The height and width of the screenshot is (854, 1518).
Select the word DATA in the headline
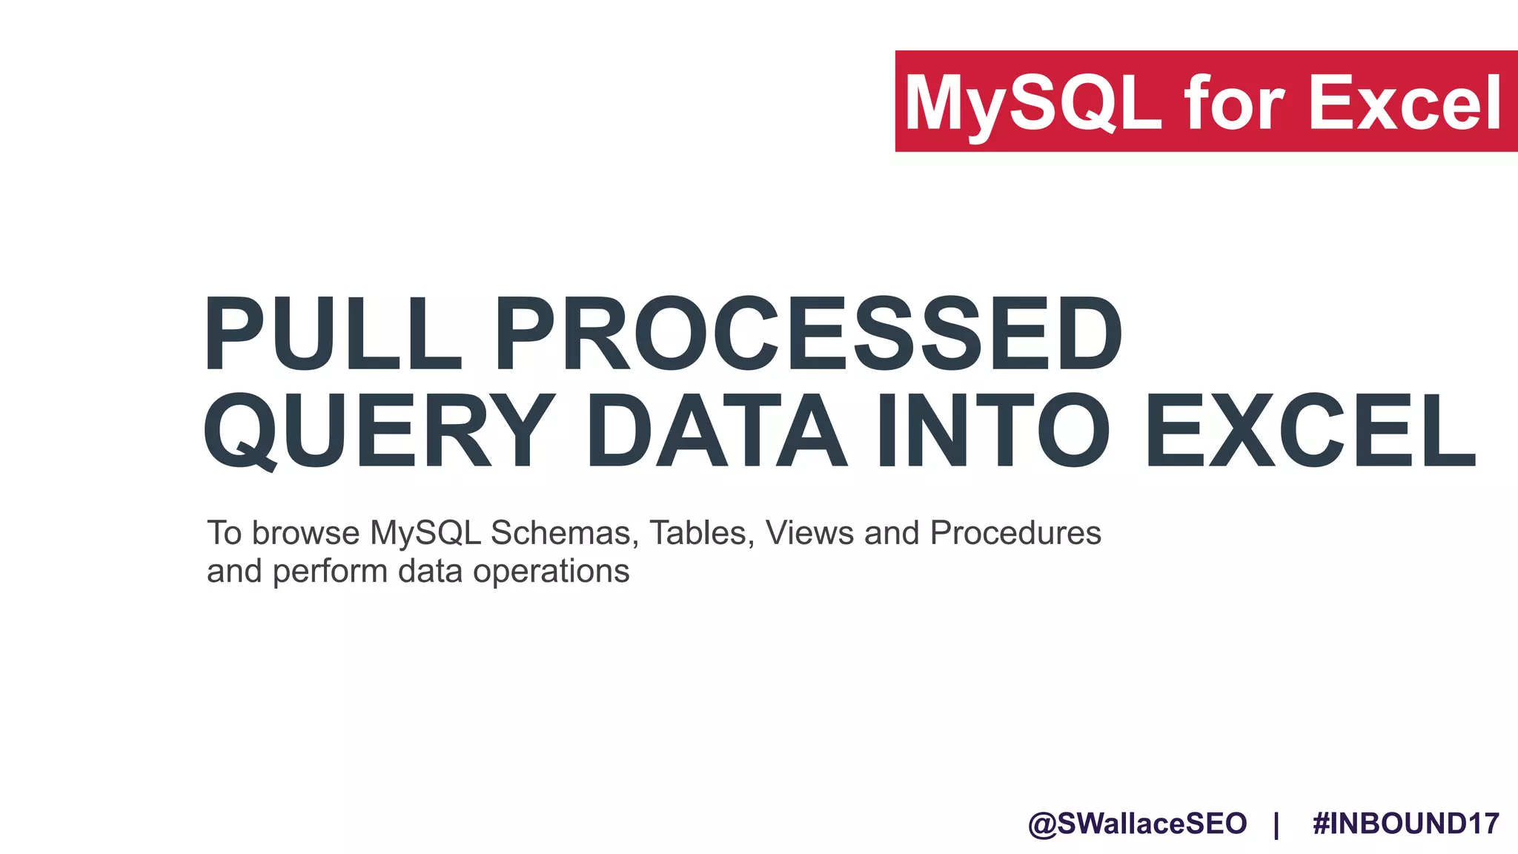(717, 431)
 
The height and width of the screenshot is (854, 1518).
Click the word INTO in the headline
(993, 431)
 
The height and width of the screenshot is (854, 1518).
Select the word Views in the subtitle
(809, 533)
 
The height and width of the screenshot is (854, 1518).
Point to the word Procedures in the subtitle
(1015, 533)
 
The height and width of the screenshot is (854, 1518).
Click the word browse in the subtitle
(306, 533)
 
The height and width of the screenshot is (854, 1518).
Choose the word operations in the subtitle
(551, 572)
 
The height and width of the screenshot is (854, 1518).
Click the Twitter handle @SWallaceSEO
(1138, 824)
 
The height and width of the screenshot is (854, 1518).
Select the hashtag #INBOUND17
(1406, 824)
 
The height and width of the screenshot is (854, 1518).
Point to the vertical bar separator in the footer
(1276, 824)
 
